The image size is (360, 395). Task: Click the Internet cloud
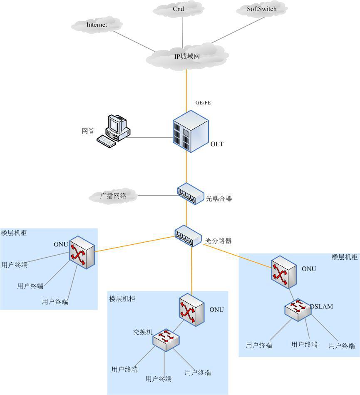(x=97, y=25)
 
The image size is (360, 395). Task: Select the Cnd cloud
(x=178, y=9)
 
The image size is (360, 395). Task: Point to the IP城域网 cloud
(x=187, y=56)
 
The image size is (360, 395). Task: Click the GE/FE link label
(x=203, y=102)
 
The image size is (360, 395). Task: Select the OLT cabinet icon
(x=191, y=131)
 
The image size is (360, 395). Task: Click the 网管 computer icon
(x=113, y=131)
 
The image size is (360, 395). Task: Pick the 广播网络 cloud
(x=113, y=195)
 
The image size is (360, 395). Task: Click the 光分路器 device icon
(x=188, y=236)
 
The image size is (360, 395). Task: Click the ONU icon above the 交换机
(x=192, y=310)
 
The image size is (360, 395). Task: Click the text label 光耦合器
(x=219, y=199)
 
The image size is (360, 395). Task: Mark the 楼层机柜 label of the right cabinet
(x=344, y=257)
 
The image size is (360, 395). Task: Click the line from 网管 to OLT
(x=150, y=137)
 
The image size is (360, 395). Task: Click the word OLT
(x=217, y=144)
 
